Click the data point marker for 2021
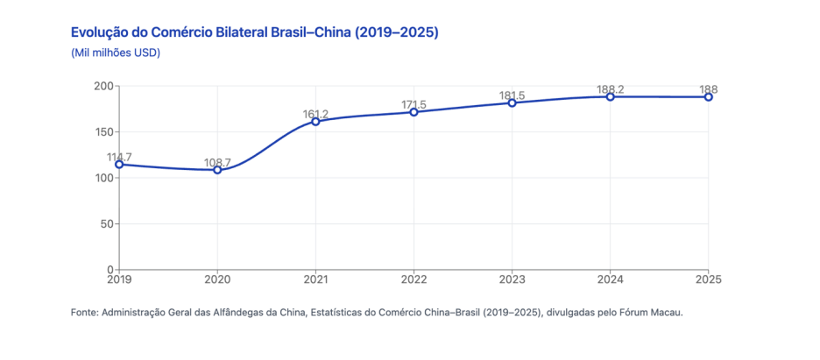316,122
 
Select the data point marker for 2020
217,170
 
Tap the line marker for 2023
512,103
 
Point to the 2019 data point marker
120,165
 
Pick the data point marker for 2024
611,96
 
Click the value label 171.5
414,104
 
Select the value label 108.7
217,163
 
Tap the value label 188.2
611,89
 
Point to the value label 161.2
316,114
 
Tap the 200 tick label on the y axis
104,86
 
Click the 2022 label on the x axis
414,280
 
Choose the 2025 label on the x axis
708,280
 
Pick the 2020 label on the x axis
217,280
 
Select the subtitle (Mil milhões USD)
115,53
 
